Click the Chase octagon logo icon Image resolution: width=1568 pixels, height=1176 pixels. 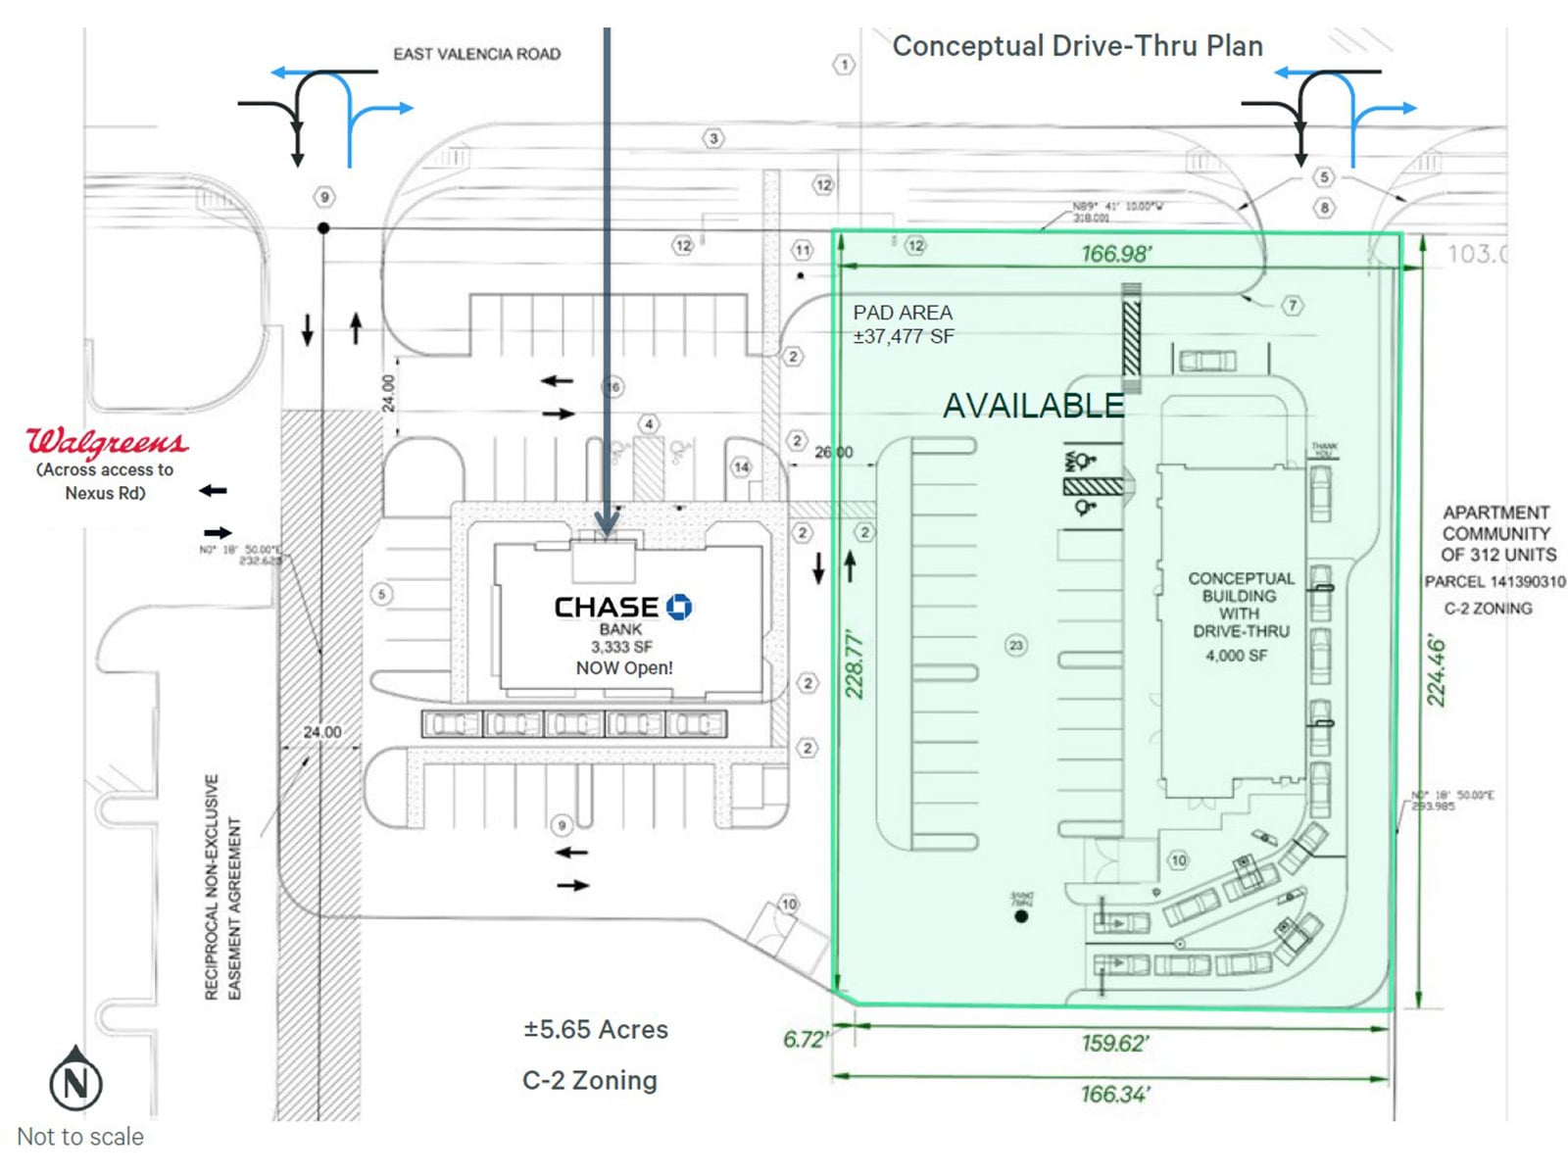[x=679, y=607]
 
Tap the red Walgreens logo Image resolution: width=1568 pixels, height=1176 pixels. [x=106, y=442]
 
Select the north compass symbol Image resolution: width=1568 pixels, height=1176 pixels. [x=75, y=1080]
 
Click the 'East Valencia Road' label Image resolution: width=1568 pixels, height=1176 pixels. [x=476, y=54]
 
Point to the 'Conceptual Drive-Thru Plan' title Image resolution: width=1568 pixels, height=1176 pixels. [x=1077, y=46]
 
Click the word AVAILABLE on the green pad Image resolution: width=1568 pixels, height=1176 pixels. [x=1033, y=405]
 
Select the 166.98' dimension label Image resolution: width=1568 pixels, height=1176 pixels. [x=1116, y=254]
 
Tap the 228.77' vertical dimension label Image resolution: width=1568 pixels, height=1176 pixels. [x=855, y=665]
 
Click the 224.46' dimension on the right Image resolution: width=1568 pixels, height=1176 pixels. [x=1436, y=670]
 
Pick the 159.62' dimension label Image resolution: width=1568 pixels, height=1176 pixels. [x=1115, y=1043]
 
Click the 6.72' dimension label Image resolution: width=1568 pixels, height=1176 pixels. [x=805, y=1039]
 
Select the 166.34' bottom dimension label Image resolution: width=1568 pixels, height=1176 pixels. [x=1115, y=1093]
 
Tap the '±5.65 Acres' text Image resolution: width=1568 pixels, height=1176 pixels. [x=596, y=1029]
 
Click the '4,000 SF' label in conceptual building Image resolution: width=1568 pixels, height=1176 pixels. [x=1237, y=655]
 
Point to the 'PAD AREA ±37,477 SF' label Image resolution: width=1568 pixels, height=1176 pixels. [x=903, y=324]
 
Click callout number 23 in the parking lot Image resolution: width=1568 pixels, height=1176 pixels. [x=1016, y=645]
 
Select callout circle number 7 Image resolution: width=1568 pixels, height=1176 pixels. [x=1293, y=306]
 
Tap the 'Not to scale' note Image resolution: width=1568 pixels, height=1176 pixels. [x=80, y=1137]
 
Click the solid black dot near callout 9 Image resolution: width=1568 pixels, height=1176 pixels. [x=323, y=228]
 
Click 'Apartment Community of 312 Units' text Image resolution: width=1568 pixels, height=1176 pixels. [x=1496, y=533]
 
